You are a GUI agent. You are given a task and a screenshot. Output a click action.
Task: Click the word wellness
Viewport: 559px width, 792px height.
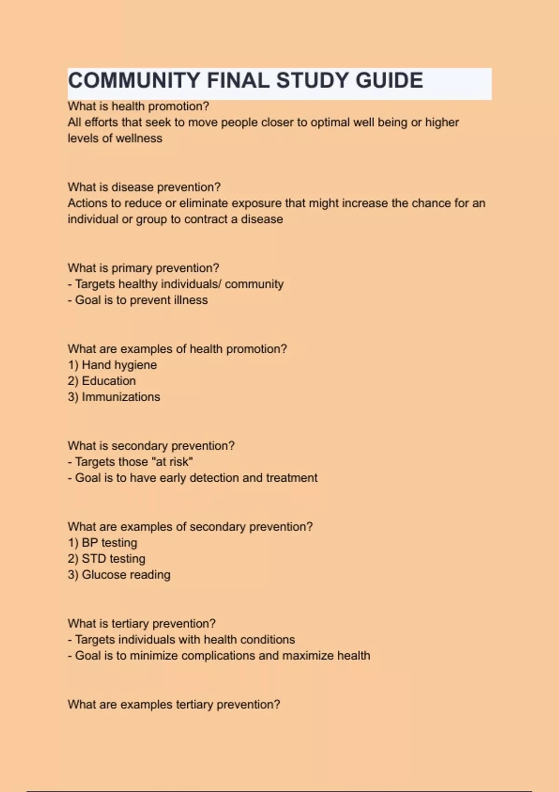(139, 138)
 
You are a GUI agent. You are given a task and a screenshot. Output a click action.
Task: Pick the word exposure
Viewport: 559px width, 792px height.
(257, 204)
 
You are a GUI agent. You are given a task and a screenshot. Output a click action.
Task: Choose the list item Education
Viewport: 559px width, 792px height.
(109, 381)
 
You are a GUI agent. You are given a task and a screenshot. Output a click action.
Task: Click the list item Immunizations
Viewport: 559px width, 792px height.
(121, 397)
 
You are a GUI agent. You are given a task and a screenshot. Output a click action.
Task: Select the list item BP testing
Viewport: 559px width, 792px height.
(109, 543)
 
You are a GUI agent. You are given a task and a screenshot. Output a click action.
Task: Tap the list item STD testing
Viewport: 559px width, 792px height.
(113, 559)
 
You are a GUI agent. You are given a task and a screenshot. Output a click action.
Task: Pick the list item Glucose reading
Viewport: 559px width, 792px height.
(126, 575)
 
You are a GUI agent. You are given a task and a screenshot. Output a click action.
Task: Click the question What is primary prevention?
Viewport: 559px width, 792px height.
(143, 268)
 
